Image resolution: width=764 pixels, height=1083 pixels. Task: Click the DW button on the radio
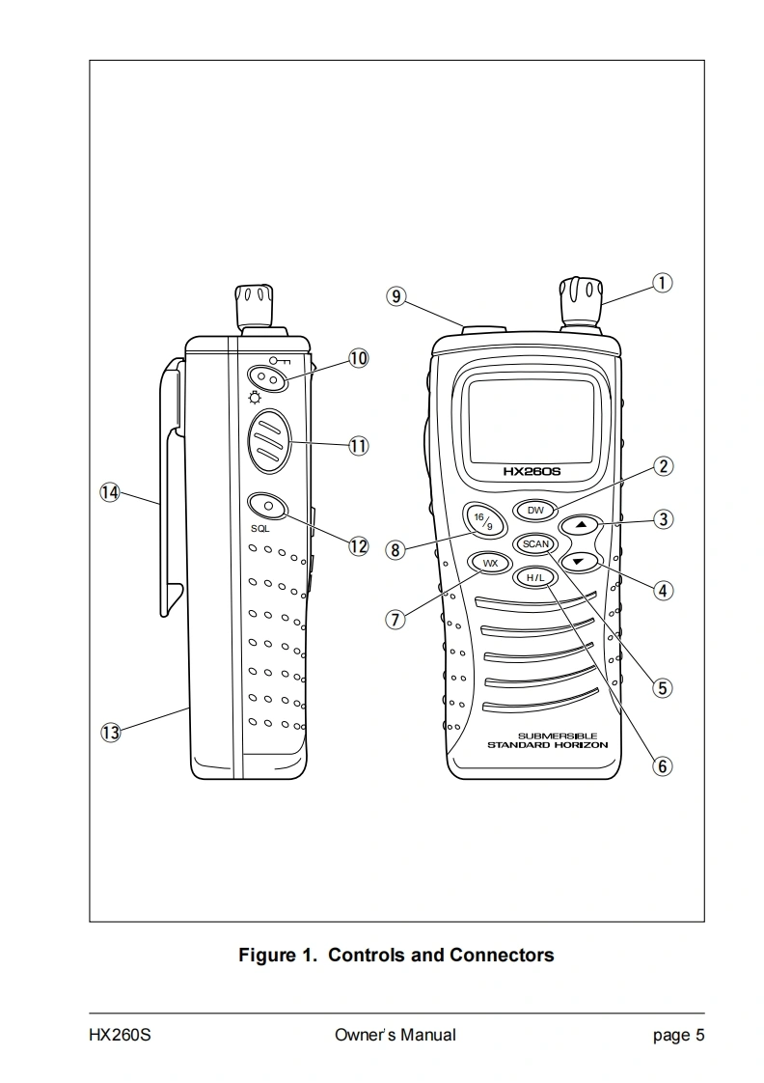[x=535, y=509]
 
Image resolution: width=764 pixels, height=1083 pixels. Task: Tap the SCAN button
[x=534, y=543]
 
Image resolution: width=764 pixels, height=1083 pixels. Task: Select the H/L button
[x=534, y=577]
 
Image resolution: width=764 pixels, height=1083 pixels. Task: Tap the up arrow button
[x=580, y=525]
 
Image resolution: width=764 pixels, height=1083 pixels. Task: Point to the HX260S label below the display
[x=532, y=472]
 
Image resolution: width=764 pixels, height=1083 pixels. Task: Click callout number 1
[x=663, y=283]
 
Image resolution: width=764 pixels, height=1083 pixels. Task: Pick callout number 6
[x=663, y=765]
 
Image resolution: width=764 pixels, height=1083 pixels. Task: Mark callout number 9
[x=396, y=296]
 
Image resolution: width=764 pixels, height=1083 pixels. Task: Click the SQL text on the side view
[x=259, y=529]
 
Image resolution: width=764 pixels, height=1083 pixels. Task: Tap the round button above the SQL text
[x=269, y=505]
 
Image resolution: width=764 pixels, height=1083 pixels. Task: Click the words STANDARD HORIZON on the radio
[x=547, y=746]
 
